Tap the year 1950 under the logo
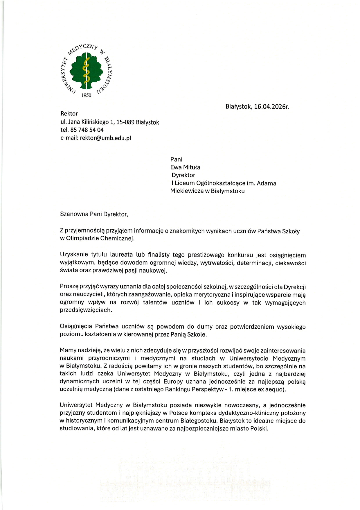point(86,95)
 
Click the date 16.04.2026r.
point(271,107)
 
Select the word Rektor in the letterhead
point(69,114)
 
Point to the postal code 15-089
point(125,122)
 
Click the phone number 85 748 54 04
point(87,130)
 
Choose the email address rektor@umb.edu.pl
point(105,138)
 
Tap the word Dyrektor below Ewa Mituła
point(183,175)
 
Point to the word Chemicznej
point(117,239)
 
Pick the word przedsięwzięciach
point(86,310)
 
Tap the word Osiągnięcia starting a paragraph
point(76,327)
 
